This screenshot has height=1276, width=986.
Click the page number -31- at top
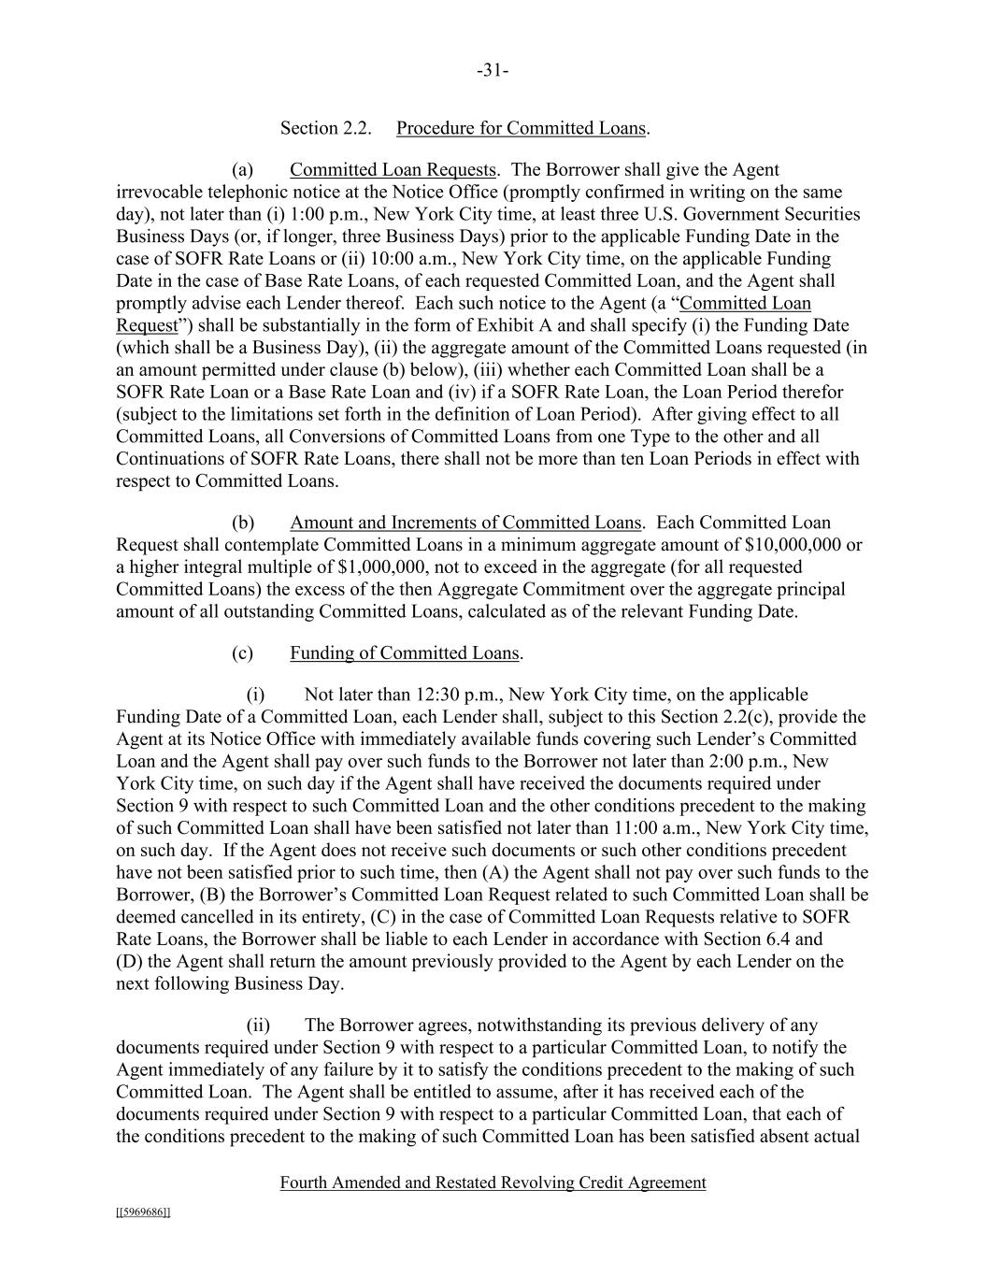[493, 71]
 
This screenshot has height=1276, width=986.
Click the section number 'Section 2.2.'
[326, 128]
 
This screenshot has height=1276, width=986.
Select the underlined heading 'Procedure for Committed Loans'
[521, 128]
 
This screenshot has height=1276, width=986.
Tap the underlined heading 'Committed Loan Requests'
[393, 170]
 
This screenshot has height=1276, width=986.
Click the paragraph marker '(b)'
[243, 523]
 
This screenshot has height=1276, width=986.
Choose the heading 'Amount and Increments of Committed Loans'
[465, 523]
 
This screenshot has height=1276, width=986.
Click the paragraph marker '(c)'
[242, 653]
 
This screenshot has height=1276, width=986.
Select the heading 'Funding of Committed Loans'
[404, 653]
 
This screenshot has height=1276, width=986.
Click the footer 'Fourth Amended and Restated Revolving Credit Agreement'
[493, 1183]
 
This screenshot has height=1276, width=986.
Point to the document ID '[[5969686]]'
[143, 1212]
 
